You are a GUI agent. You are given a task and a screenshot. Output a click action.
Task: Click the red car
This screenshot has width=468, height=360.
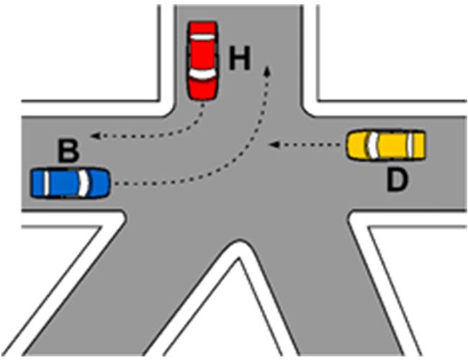pos(202,60)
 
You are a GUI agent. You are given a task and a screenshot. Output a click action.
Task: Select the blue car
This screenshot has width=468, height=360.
pos(71,183)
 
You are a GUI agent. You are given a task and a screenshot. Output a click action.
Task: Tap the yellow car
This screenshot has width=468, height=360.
pos(386,145)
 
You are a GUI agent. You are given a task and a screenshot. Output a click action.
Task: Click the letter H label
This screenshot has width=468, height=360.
pos(239,58)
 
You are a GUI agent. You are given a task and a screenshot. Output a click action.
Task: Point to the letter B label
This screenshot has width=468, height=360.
pos(68,151)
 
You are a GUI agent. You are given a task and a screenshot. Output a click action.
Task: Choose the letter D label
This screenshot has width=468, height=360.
pos(397,180)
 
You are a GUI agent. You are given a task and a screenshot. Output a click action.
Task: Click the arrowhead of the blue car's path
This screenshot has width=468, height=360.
pos(267,70)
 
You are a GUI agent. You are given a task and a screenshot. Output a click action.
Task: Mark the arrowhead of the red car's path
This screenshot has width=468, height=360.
pos(95,136)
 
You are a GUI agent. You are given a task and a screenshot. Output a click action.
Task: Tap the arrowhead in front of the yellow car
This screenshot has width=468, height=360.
pos(274,145)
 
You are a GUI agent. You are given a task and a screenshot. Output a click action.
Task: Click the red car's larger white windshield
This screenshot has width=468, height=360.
pos(202,74)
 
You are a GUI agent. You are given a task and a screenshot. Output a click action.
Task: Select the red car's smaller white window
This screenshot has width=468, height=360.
pos(202,37)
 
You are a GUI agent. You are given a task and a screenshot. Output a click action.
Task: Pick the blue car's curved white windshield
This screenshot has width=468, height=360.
pos(84,184)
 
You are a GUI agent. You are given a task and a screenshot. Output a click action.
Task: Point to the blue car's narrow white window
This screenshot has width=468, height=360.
pos(47,183)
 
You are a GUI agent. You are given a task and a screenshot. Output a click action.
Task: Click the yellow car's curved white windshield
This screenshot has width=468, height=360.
pos(372,145)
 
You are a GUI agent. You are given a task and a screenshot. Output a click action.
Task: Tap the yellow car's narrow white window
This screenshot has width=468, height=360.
pos(411,145)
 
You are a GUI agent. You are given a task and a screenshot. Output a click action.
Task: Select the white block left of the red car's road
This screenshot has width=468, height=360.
pos(89,54)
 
